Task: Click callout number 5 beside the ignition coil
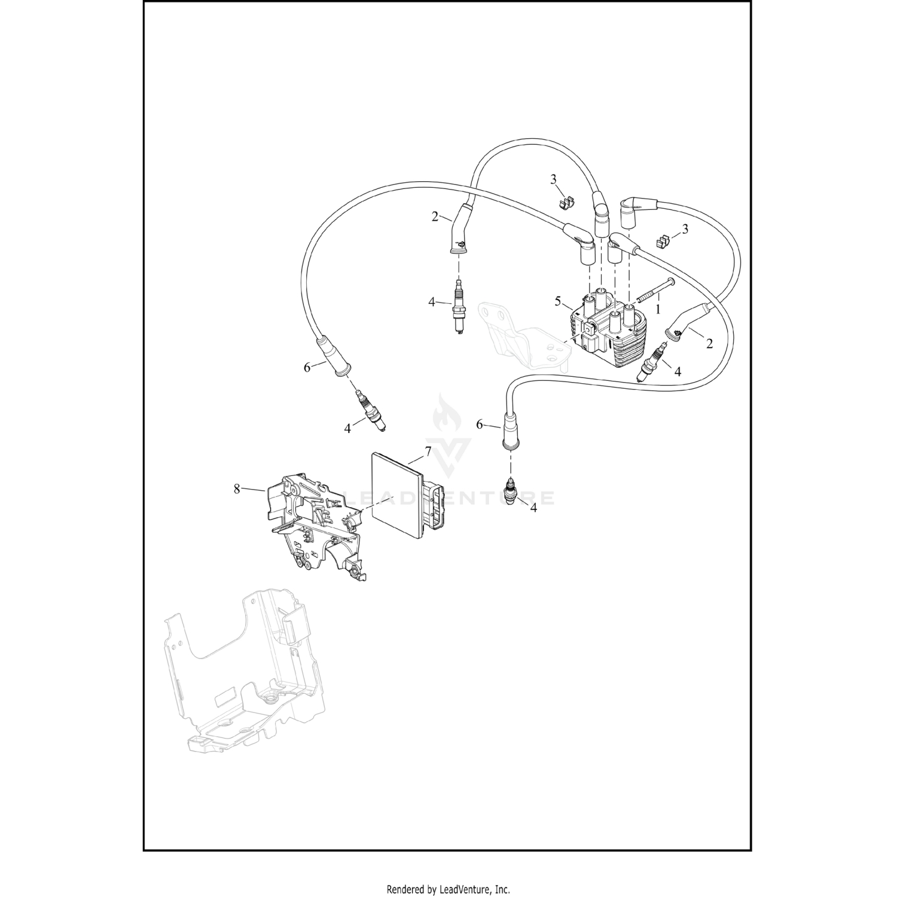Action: pos(557,300)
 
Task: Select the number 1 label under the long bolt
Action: pos(658,310)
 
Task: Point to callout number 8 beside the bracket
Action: pos(237,489)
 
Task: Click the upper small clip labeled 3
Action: pos(565,202)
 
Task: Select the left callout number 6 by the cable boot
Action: pos(307,367)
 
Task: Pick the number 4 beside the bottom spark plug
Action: pos(533,507)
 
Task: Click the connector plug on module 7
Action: pos(434,506)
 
